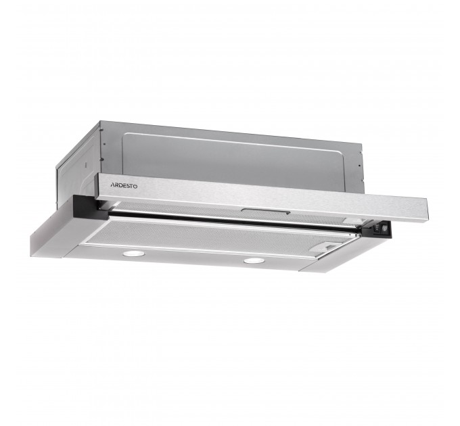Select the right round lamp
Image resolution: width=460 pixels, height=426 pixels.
254,261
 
